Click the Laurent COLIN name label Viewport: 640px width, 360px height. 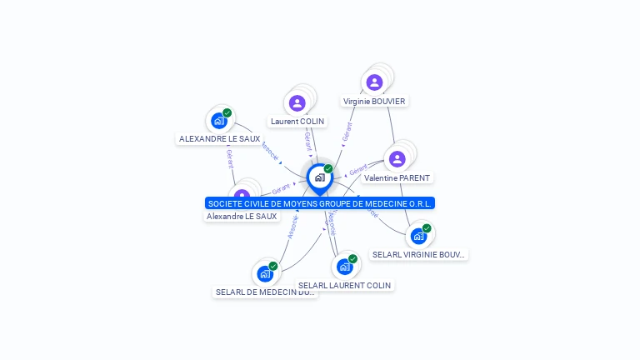point(297,122)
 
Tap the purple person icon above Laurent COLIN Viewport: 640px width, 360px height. point(297,103)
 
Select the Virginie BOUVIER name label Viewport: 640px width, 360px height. point(374,102)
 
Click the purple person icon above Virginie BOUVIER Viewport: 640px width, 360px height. point(374,82)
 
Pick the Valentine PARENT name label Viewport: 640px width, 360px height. point(397,178)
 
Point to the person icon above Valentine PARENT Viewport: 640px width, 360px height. point(397,158)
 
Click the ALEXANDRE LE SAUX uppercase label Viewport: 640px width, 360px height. point(219,139)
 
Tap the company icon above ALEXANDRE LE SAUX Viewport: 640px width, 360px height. point(219,120)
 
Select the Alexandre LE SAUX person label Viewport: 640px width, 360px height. point(242,217)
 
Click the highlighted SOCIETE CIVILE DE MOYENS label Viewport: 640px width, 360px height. point(320,203)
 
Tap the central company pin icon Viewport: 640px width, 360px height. point(319,177)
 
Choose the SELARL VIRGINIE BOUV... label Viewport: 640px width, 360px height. point(419,255)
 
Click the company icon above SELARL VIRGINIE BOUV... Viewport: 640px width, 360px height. point(418,236)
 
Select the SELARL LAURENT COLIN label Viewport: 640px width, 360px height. point(344,286)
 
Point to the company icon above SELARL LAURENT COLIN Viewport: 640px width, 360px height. point(344,267)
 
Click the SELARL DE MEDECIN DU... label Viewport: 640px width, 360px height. point(265,292)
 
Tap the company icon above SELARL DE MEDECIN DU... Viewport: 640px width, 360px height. point(265,273)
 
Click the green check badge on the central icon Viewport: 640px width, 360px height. point(328,168)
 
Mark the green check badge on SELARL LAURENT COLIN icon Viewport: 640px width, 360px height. point(352,258)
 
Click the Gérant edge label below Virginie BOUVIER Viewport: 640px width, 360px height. point(347,132)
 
